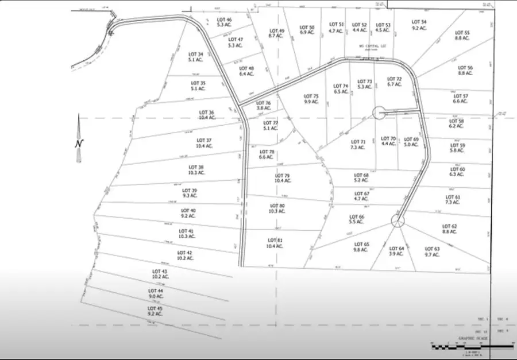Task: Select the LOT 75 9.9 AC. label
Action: pos(311,99)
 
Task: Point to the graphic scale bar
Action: pos(471,346)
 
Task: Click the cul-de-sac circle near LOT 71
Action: pos(379,113)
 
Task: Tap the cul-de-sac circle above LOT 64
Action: pos(397,219)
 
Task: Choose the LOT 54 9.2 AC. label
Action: pos(419,25)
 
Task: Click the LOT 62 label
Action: pos(450,229)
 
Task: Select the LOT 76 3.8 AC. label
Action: pos(264,106)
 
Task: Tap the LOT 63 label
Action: pos(432,251)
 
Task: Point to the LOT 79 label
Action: pos(283,177)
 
